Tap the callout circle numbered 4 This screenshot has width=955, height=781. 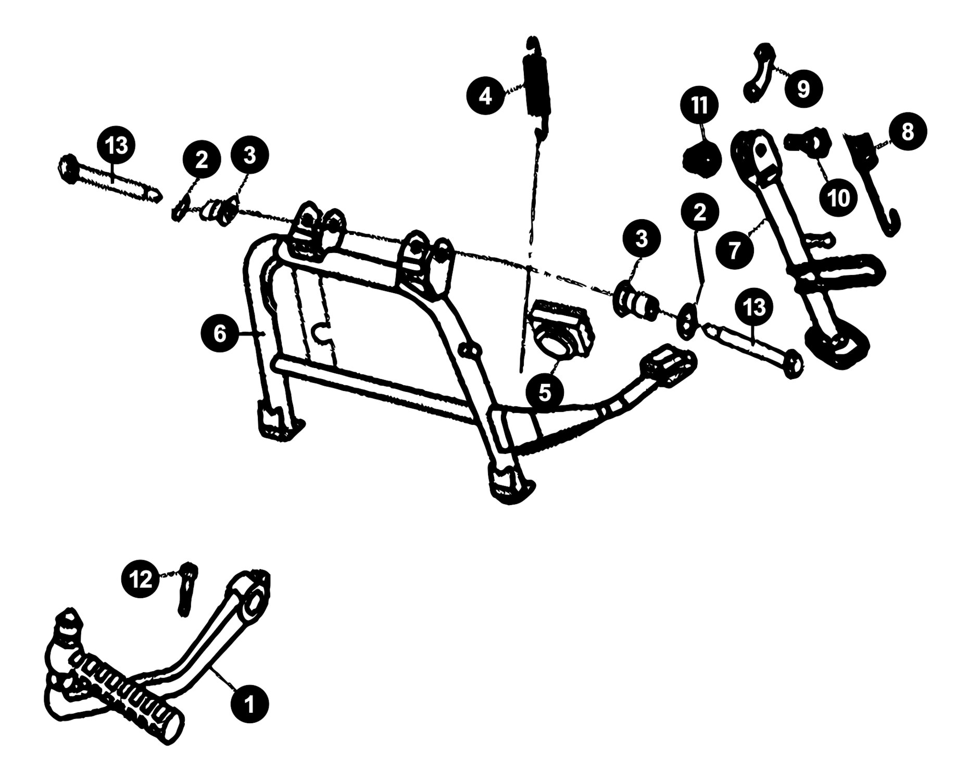pyautogui.click(x=485, y=96)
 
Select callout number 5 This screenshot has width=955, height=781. pyautogui.click(x=545, y=393)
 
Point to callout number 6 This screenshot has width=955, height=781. pyautogui.click(x=220, y=334)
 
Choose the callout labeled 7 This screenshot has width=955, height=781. pyautogui.click(x=734, y=250)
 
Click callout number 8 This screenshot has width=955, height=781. pyautogui.click(x=907, y=132)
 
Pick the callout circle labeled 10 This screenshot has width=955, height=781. pyautogui.click(x=838, y=197)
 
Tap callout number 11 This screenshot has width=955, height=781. pyautogui.click(x=700, y=106)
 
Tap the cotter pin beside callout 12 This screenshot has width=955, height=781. pyautogui.click(x=187, y=589)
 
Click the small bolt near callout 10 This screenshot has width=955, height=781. pyautogui.click(x=803, y=143)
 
